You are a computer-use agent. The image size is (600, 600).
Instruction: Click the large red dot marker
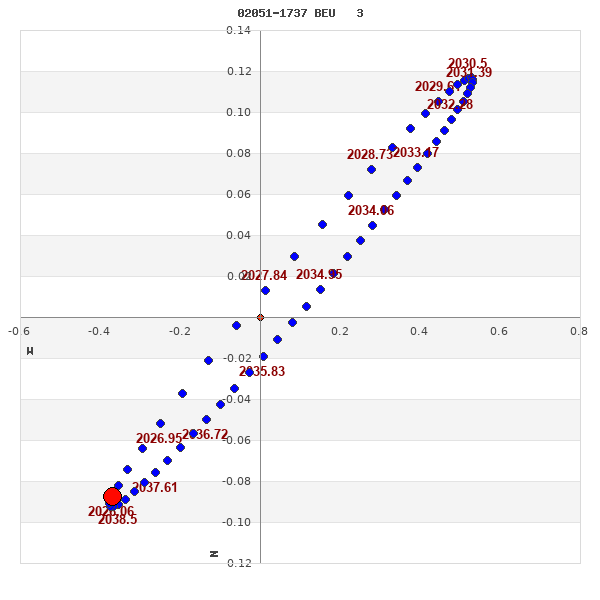click(112, 497)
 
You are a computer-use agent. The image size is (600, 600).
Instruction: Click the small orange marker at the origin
click(260, 318)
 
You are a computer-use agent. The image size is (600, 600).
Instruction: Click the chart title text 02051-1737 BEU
click(286, 13)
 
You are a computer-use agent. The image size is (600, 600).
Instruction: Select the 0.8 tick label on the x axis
click(578, 331)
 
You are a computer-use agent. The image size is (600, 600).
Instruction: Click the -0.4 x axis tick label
click(98, 331)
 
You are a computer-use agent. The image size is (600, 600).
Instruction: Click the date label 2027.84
click(264, 276)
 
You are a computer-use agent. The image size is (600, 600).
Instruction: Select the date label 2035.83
click(262, 372)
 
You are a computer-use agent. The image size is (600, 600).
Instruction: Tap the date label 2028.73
click(370, 155)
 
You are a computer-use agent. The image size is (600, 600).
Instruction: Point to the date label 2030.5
click(467, 64)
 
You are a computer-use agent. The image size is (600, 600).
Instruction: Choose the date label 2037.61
click(155, 488)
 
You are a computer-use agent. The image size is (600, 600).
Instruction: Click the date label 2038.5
click(118, 520)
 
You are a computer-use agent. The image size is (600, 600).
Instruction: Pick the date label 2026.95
click(159, 439)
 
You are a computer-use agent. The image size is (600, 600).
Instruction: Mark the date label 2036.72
click(205, 435)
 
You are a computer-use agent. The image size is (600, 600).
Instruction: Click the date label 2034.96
click(371, 211)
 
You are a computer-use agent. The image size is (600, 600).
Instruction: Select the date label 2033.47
click(416, 153)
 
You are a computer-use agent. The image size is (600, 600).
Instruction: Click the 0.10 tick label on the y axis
click(238, 113)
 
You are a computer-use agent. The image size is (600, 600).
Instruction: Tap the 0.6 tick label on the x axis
click(498, 331)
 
